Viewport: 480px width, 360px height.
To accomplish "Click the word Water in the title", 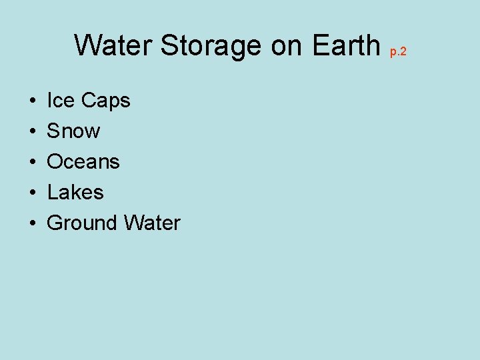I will pyautogui.click(x=113, y=45).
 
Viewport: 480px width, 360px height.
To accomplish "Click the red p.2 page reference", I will pyautogui.click(x=398, y=51).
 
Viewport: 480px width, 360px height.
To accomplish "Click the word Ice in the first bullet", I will pyautogui.click(x=61, y=101).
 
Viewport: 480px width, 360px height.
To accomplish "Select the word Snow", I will pyautogui.click(x=73, y=131).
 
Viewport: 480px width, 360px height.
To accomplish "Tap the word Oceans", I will pyautogui.click(x=83, y=162).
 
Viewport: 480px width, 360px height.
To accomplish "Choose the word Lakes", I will pyautogui.click(x=75, y=193).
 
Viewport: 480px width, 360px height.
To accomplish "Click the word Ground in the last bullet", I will pyautogui.click(x=78, y=223).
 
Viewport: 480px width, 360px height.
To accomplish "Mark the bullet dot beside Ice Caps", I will pyautogui.click(x=33, y=101).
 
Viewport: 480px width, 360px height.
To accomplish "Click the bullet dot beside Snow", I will pyautogui.click(x=33, y=132).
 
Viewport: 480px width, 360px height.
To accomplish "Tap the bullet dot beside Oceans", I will pyautogui.click(x=33, y=163).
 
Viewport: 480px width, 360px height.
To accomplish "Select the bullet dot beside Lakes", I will pyautogui.click(x=33, y=193).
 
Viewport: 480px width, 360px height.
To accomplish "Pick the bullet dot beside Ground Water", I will pyautogui.click(x=33, y=224).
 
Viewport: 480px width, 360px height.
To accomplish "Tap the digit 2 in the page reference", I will pyautogui.click(x=403, y=51).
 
